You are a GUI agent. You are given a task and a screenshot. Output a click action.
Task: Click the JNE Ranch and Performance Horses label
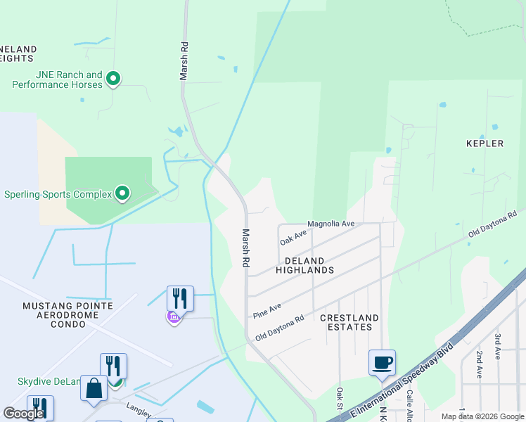tap(58, 79)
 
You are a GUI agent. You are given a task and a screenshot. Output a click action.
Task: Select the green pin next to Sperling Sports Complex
tap(122, 192)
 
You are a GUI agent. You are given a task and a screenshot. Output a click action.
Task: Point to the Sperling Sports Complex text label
tap(58, 194)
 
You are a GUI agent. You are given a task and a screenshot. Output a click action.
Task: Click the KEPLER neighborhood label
tap(485, 143)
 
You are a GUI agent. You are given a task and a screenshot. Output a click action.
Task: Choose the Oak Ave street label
tap(294, 238)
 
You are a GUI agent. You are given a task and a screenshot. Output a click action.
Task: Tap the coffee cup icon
tap(382, 363)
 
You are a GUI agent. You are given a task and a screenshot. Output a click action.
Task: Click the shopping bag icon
tap(94, 389)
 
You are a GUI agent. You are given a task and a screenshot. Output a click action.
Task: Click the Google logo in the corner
tap(24, 414)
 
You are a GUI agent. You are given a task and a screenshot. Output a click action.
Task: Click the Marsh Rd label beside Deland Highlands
tap(246, 248)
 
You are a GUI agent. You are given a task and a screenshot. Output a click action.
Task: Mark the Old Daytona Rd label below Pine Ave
tap(279, 328)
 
